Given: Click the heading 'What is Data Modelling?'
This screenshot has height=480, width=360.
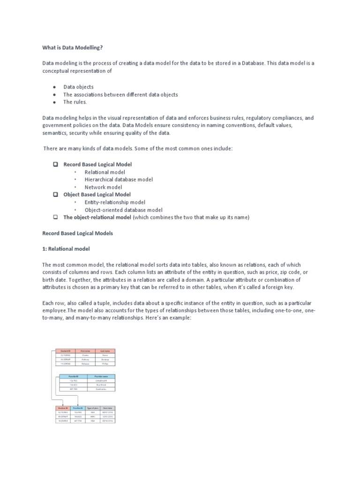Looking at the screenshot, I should [72, 47].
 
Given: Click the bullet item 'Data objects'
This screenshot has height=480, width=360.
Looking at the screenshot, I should [78, 87].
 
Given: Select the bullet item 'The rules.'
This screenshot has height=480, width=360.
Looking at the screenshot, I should [75, 102].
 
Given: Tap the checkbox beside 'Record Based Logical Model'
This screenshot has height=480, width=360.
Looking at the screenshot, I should [55, 165].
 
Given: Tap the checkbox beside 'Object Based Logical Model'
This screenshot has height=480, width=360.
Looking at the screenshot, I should [55, 195].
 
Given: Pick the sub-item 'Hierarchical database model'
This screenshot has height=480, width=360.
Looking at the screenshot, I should [119, 180].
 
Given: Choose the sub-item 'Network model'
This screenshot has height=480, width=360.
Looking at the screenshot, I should [103, 187].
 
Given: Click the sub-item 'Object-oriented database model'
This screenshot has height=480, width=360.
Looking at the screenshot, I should [123, 210].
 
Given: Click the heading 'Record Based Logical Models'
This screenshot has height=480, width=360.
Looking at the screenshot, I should [77, 233].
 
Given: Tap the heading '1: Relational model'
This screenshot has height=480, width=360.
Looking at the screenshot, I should [66, 248].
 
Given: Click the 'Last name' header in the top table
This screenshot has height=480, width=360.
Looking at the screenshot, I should [105, 351].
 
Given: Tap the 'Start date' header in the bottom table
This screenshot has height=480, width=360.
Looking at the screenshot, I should [108, 408].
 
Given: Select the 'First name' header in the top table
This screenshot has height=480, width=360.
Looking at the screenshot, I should [85, 351].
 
